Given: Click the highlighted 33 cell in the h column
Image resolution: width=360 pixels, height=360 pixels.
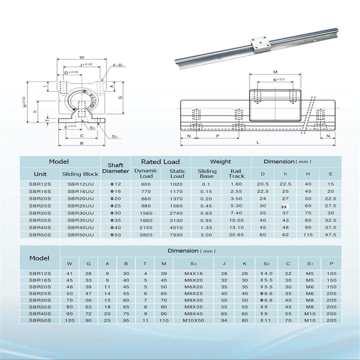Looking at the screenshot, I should (x=284, y=205).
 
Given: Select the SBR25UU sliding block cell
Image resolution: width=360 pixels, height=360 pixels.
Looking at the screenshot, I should (x=80, y=205).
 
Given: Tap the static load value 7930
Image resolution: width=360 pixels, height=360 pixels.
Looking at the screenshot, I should (x=177, y=234).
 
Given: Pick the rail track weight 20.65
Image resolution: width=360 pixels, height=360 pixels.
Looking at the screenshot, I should (x=236, y=234).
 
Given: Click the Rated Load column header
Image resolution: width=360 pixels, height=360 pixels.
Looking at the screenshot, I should (x=160, y=162).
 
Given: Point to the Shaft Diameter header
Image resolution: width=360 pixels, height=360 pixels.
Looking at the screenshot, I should (x=115, y=167).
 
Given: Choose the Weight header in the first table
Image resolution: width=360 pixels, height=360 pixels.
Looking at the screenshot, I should (x=220, y=162).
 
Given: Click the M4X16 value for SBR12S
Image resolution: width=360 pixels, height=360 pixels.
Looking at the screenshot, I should (x=193, y=273).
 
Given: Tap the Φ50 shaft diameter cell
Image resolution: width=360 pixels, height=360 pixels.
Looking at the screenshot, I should (x=115, y=234).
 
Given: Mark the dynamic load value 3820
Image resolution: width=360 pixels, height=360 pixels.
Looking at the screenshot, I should (x=146, y=234).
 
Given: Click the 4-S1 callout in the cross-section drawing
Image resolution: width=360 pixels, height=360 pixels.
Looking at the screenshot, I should (x=119, y=64).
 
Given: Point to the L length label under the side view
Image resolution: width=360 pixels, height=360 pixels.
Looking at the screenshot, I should (x=257, y=142).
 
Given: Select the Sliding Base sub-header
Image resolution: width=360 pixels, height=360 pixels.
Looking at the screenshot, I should (x=206, y=173).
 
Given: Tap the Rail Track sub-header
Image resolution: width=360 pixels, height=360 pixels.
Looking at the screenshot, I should (x=236, y=173).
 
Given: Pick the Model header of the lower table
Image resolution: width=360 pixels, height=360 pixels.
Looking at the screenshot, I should (x=39, y=258).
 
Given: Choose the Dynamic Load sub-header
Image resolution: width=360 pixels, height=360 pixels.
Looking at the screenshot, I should (x=146, y=173).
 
